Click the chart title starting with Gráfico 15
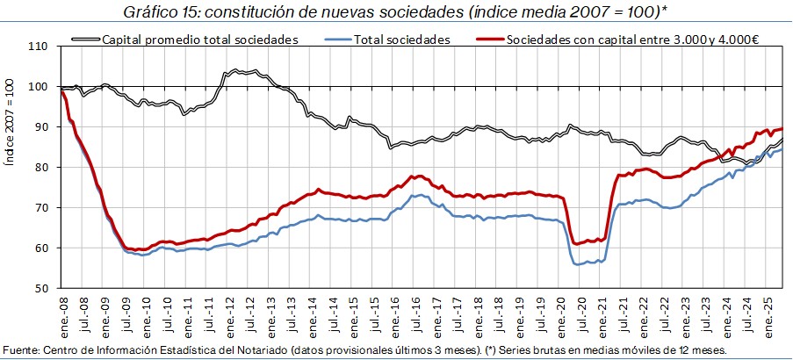395,11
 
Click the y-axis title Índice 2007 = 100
10,167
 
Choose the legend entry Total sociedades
401,40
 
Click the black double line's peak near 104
237,70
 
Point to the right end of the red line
782,128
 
